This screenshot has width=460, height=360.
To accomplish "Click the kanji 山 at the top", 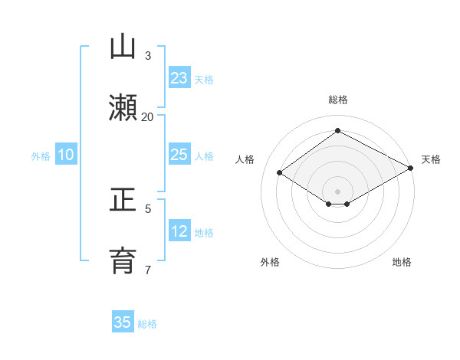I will (x=123, y=47).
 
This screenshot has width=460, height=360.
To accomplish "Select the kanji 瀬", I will (x=123, y=107).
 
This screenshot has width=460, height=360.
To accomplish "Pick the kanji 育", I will (x=123, y=261).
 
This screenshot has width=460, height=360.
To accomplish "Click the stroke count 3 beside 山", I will (x=148, y=56).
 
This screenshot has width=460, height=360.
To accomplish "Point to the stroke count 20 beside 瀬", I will (x=148, y=116).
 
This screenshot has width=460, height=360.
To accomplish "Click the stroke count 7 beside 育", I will (x=148, y=270).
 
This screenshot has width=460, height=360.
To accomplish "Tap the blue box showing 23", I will (x=179, y=78).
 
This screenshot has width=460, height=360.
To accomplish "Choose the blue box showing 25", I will (x=179, y=155).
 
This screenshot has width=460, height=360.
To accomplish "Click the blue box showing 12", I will (x=179, y=231).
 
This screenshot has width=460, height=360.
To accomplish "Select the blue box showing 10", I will (x=66, y=155).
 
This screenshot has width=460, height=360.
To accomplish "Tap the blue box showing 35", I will (x=123, y=322).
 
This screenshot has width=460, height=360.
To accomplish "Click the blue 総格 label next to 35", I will (x=147, y=324).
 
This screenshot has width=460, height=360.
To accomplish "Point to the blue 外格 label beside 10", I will (x=41, y=156).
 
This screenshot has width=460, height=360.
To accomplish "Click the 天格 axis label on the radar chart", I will (x=431, y=159).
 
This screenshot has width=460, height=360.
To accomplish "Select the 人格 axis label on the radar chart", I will (x=245, y=159).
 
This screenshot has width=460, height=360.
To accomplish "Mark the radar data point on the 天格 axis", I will (x=411, y=169).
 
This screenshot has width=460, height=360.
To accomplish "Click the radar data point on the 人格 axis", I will (x=280, y=173).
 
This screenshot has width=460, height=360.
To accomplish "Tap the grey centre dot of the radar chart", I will (x=337, y=191).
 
